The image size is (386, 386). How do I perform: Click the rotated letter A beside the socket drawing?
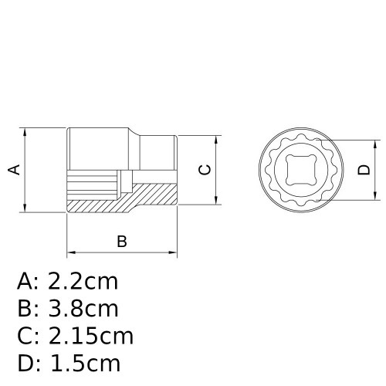(13, 169)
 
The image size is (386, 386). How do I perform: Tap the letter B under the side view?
(121, 242)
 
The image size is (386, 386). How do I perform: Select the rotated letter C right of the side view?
(205, 170)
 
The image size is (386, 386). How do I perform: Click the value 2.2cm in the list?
(84, 280)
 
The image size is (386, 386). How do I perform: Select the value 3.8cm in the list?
(84, 309)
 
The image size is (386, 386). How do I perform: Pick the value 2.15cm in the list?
(91, 337)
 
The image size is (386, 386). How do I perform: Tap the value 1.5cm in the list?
(85, 364)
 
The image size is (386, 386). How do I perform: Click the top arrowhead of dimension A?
(27, 132)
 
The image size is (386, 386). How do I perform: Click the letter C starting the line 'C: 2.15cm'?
(25, 337)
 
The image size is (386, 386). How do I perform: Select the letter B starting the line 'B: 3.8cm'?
(25, 309)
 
